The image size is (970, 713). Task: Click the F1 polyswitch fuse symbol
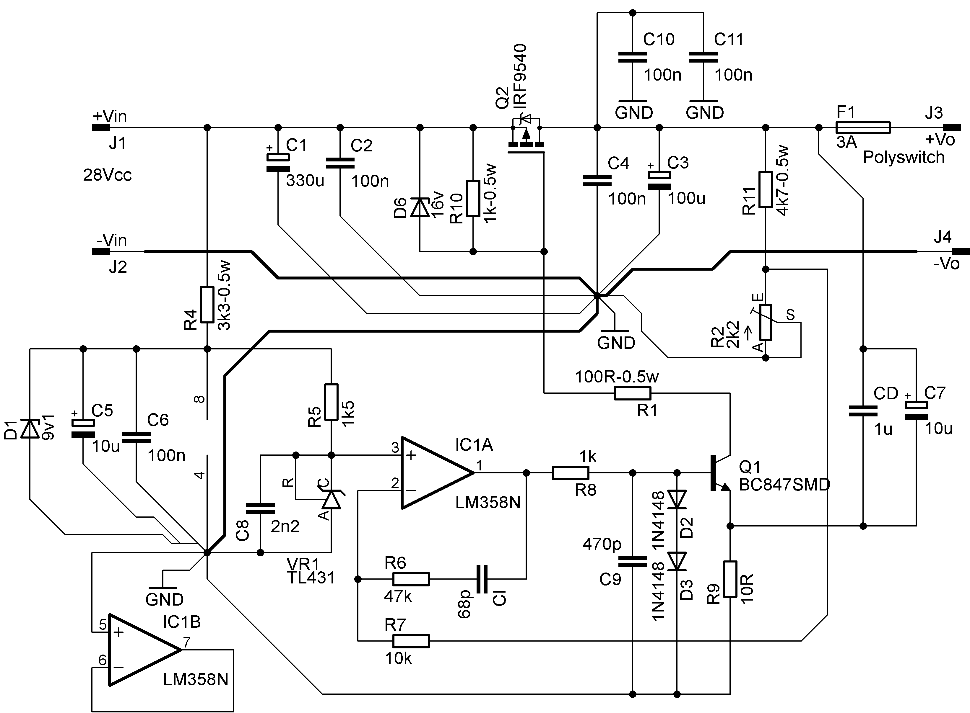pyautogui.click(x=862, y=127)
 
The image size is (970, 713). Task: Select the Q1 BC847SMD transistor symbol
pyautogui.click(x=720, y=473)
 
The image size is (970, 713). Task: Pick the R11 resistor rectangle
pyautogui.click(x=765, y=189)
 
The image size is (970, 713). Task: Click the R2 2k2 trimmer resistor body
pyautogui.click(x=765, y=322)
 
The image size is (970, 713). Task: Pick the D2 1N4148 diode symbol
pyautogui.click(x=677, y=499)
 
